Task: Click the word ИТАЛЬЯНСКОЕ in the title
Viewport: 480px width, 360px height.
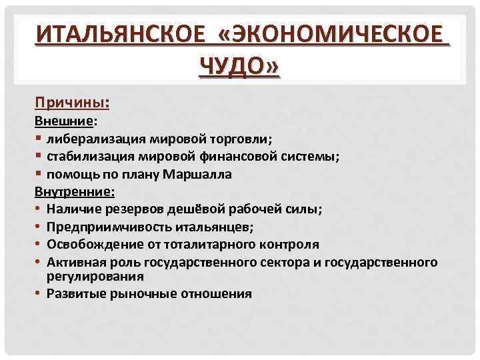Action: coord(117,33)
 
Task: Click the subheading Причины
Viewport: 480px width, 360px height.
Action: coord(71,103)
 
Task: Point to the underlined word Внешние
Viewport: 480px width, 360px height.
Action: coord(65,122)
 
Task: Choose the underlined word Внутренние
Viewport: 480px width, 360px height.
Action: coord(74,192)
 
